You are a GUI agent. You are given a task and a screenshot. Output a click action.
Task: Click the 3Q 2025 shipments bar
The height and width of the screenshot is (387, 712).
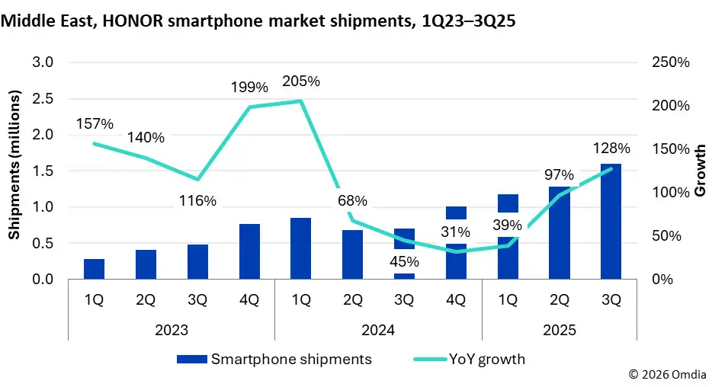pyautogui.click(x=611, y=222)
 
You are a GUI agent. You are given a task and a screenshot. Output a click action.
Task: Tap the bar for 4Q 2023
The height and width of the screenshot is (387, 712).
pyautogui.click(x=249, y=252)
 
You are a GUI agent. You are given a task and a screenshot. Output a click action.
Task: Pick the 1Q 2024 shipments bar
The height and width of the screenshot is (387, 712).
pyautogui.click(x=301, y=249)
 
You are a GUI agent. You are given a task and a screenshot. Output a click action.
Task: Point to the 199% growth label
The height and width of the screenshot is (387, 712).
pyautogui.click(x=249, y=88)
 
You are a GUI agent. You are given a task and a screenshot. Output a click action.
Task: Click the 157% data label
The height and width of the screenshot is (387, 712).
pyautogui.click(x=95, y=123)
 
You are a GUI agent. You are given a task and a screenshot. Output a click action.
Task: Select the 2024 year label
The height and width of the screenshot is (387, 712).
pyautogui.click(x=378, y=331)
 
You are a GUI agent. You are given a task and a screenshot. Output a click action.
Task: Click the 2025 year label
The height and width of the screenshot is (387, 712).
pyautogui.click(x=559, y=331)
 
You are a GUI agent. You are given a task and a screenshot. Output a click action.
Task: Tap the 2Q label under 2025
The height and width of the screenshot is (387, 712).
pyautogui.click(x=559, y=300)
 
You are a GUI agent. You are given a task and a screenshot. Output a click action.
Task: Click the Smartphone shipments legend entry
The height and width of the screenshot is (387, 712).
pyautogui.click(x=274, y=359)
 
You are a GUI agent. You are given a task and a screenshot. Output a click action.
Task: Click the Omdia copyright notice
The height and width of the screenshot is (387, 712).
pyautogui.click(x=667, y=375)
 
